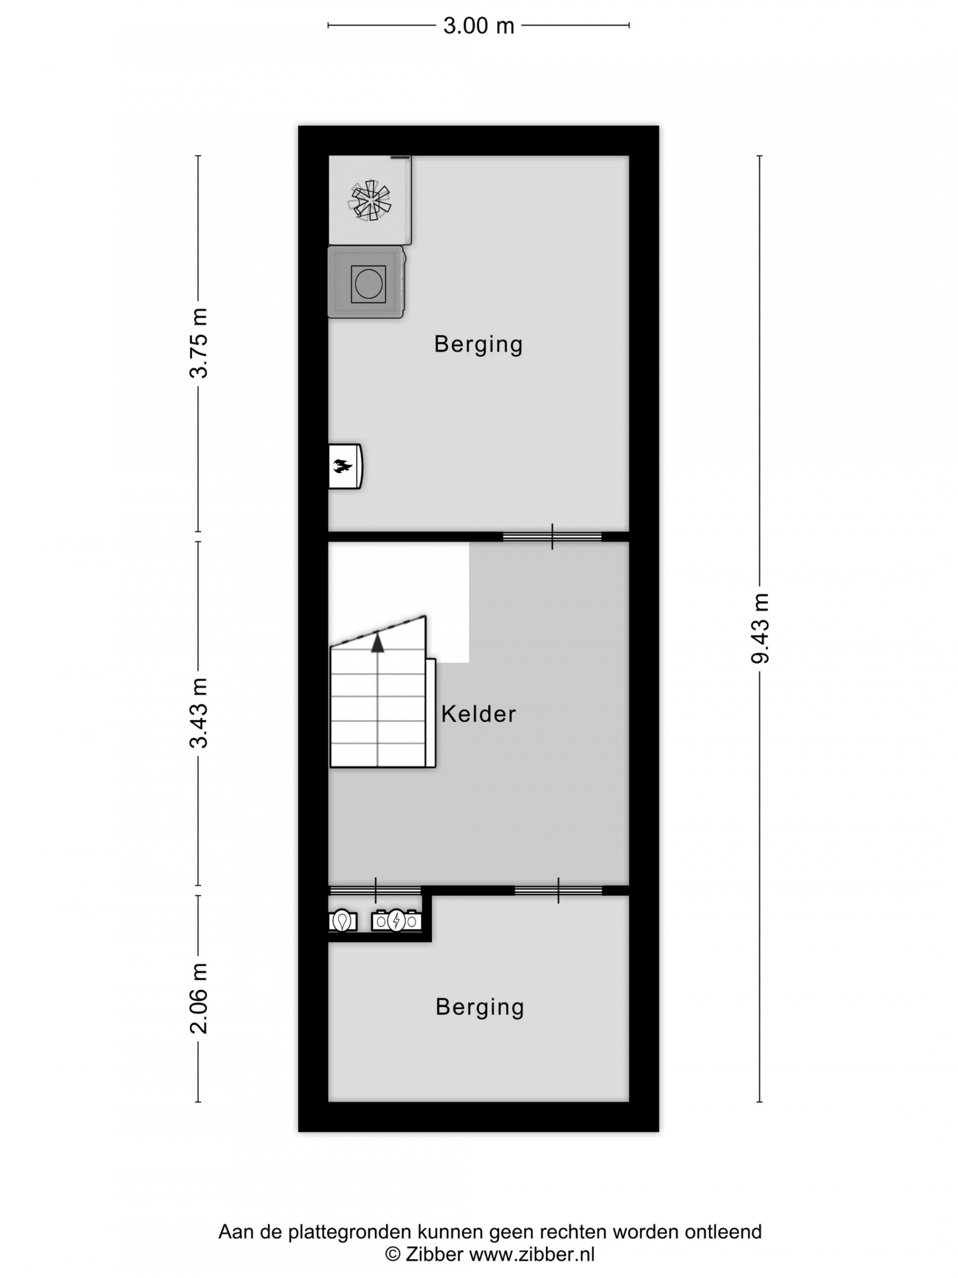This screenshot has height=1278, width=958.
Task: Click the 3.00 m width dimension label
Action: click(x=478, y=26)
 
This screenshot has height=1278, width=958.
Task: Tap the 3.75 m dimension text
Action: click(x=199, y=343)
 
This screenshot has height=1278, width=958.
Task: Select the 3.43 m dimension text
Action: click(x=199, y=713)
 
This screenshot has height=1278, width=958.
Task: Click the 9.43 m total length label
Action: click(x=760, y=629)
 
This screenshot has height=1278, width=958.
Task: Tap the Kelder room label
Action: click(x=479, y=714)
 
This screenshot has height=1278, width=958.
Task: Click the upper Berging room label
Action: click(x=479, y=345)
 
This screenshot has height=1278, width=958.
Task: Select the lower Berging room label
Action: click(x=480, y=1008)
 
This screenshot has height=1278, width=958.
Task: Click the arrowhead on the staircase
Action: click(x=377, y=643)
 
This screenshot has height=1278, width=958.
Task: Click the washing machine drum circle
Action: click(x=368, y=284)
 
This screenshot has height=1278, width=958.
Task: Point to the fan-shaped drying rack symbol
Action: click(x=370, y=200)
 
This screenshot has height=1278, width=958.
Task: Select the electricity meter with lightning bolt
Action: click(x=396, y=921)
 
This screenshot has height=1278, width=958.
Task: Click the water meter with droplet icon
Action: click(x=343, y=921)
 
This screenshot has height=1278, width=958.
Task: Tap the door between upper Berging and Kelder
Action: click(x=553, y=537)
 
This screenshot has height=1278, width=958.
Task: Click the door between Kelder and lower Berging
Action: click(x=559, y=890)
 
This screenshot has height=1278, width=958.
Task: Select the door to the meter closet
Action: click(x=376, y=890)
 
